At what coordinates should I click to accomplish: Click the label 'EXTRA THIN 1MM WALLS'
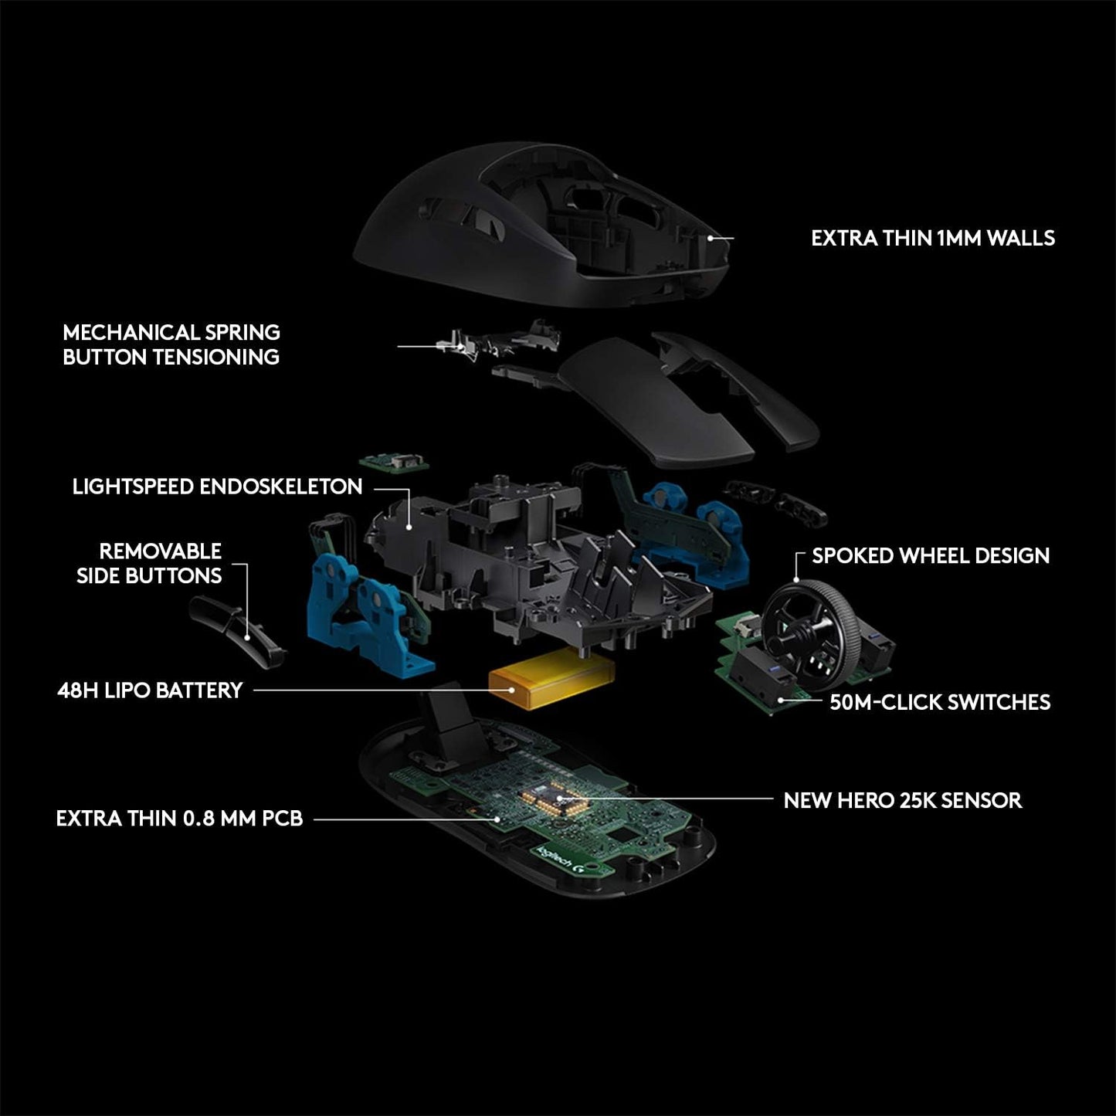point(932,238)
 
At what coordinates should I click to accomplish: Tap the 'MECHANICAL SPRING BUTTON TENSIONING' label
point(171,344)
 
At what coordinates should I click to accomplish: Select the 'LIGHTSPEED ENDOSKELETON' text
point(217,487)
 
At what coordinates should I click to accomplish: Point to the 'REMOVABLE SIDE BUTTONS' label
point(151,563)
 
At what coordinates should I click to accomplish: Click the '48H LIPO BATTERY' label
point(150,690)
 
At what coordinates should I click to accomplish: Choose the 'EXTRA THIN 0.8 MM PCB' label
point(179,819)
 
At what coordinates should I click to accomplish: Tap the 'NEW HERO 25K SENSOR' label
point(902,800)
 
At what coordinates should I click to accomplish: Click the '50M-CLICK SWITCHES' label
point(939,702)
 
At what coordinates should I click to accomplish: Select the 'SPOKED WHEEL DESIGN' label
point(930,556)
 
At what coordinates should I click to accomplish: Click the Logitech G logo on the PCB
point(568,860)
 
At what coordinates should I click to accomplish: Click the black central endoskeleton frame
point(525,556)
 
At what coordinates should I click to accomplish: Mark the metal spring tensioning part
point(463,344)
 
